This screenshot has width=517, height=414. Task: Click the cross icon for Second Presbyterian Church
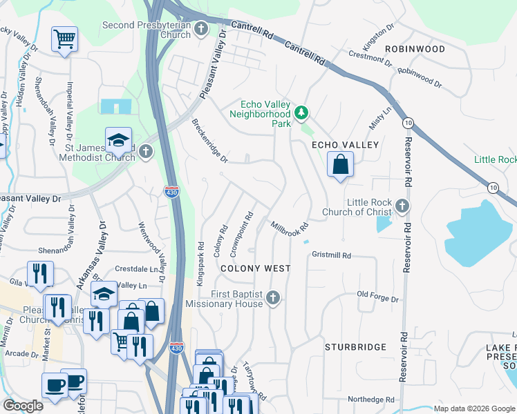coord(201,28)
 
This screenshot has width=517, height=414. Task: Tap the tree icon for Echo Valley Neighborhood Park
coord(301,112)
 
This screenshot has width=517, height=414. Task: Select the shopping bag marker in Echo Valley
coord(340,166)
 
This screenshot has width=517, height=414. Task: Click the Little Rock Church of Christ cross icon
coord(402,206)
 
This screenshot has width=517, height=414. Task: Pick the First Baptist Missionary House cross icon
coord(274,298)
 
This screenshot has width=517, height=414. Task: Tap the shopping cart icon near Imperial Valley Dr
coord(64,39)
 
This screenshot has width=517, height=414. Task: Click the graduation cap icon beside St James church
coord(119,140)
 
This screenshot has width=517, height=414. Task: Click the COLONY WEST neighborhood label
coord(255,268)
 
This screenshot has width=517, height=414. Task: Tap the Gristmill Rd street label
coord(332,255)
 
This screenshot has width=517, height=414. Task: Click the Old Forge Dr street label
coord(378,299)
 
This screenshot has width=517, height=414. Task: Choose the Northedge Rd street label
coord(370,400)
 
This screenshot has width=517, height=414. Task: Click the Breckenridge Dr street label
coord(209,141)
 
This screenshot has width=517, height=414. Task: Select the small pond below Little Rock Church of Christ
coord(384,224)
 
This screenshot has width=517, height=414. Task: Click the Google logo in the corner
coord(23,406)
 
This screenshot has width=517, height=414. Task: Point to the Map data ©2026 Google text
coord(473,408)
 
